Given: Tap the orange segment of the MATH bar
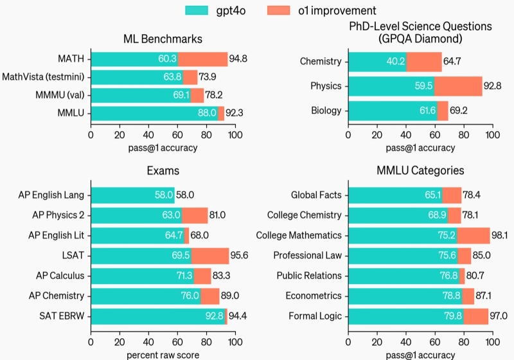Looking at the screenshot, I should click(202, 59).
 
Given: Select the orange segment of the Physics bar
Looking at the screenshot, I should click(458, 86).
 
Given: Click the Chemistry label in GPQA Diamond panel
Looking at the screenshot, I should click(320, 62).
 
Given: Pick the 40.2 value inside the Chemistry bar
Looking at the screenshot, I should click(395, 62).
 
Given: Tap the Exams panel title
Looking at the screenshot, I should click(163, 171).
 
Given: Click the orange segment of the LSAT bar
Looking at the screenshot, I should click(209, 255).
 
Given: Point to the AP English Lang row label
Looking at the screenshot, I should click(56, 195).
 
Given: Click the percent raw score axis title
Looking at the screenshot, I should click(163, 355).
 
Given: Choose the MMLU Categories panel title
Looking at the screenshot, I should click(420, 171).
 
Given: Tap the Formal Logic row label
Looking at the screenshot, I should click(315, 316).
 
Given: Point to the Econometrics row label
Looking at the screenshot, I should click(315, 296).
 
